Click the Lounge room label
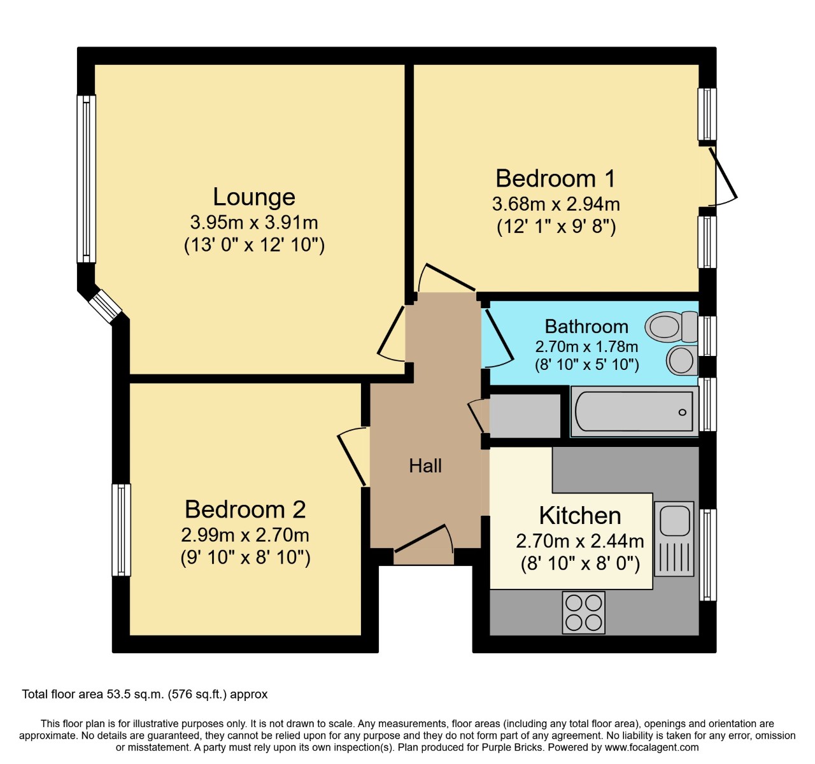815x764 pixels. click(x=253, y=197)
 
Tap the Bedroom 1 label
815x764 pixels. click(x=555, y=178)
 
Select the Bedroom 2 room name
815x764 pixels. click(x=245, y=509)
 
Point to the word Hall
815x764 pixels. click(x=425, y=465)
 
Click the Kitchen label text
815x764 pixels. click(x=579, y=515)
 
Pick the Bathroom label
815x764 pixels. click(x=586, y=326)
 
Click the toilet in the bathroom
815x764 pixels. click(x=671, y=327)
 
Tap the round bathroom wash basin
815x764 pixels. click(x=681, y=360)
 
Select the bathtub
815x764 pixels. click(x=634, y=412)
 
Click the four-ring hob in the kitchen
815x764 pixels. click(x=583, y=612)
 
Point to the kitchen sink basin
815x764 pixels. click(x=674, y=521)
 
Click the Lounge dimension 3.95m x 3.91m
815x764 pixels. click(x=253, y=222)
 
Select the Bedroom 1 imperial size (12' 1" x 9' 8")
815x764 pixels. click(x=556, y=227)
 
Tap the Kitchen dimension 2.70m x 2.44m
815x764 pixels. click(x=579, y=541)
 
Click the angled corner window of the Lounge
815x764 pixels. click(x=105, y=306)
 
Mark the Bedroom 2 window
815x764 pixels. click(x=121, y=530)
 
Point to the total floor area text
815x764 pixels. click(x=145, y=694)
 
